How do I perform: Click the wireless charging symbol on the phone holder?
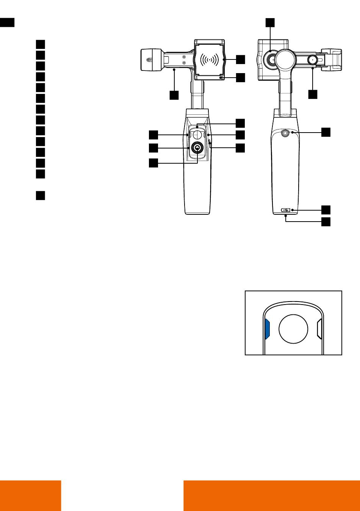pos(210,59)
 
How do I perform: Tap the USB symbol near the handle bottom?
pos(285,210)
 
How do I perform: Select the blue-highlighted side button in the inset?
pos(267,328)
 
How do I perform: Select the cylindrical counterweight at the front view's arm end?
pos(151,59)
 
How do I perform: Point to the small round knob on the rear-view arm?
pos(312,59)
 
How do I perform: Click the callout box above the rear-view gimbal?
pos(270,22)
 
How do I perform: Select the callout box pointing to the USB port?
pos(326,209)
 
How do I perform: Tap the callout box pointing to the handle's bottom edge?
pos(326,222)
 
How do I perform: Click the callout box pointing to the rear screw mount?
pos(326,132)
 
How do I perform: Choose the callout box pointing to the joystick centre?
pos(153,163)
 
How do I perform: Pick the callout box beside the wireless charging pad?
pos(241,59)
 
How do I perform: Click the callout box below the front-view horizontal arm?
pos(174,95)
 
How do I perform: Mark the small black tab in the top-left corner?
pos(7,22)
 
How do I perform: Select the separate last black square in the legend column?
pos(41,195)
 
